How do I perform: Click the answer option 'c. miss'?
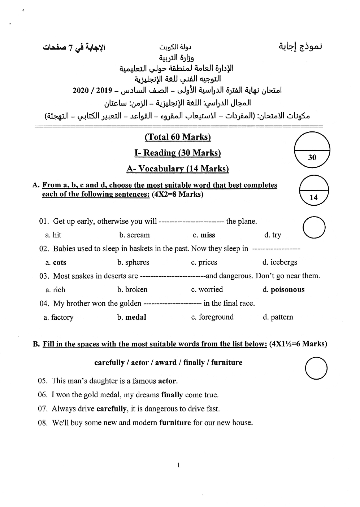tap(204, 235)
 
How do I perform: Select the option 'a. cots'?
tap(56, 263)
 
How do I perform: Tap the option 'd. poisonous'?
tap(283, 290)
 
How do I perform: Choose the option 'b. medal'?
tap(131, 317)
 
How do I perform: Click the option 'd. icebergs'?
tap(280, 262)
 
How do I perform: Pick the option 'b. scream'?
tap(134, 235)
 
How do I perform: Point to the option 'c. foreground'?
tap(212, 317)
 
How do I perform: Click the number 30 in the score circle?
tap(312, 157)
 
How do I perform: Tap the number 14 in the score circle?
tap(314, 197)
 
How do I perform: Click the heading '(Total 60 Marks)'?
tap(178, 137)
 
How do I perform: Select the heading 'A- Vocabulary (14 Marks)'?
tap(178, 169)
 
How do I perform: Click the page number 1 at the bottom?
tap(178, 465)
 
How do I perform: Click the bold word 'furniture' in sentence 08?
tap(175, 423)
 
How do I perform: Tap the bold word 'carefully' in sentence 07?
tap(112, 409)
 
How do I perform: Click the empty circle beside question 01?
tap(314, 228)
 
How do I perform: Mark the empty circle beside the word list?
tap(316, 368)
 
